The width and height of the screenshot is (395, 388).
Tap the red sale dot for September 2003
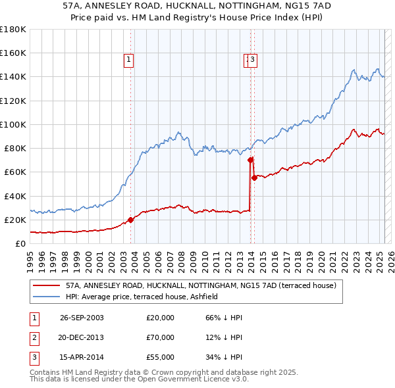point(130,220)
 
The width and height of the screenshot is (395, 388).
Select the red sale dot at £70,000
point(250,160)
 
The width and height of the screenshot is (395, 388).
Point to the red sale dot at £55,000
point(254,178)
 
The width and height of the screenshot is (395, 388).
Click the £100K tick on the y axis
point(13,124)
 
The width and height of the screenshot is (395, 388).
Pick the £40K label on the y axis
point(15,196)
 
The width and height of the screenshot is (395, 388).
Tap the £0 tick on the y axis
point(20,244)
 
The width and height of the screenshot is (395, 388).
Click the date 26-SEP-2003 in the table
point(82,318)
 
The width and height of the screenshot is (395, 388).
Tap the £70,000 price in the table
point(160,338)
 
